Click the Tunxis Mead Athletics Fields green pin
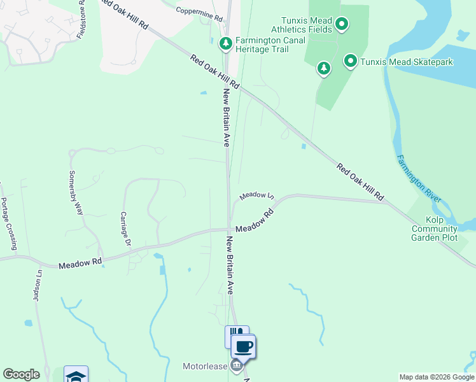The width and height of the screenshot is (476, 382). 342,25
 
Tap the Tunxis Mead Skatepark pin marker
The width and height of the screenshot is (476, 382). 350,61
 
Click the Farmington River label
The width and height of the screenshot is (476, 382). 418,178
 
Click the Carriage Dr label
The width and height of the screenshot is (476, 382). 125,229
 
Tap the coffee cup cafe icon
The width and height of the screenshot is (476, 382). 243,347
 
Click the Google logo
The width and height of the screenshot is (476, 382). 21,374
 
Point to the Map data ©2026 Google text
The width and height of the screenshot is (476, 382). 436,377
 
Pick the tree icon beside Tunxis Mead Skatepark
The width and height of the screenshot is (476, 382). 324,68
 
